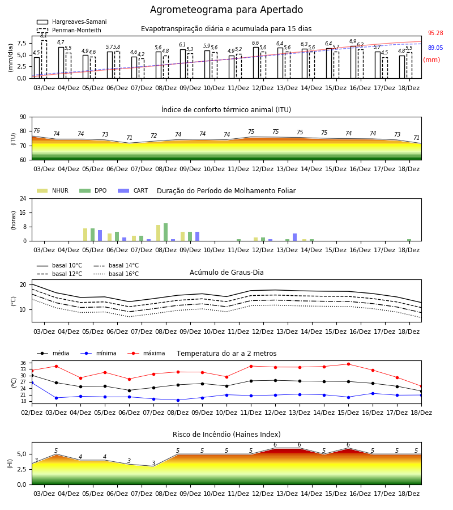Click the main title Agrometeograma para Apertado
(226, 10)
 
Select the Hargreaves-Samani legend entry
(72, 22)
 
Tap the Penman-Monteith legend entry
(69, 30)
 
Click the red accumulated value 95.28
(435, 33)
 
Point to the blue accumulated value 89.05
(435, 48)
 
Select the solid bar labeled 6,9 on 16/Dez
(353, 62)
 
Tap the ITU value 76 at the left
(36, 130)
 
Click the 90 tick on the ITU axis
(23, 117)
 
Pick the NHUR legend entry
(53, 190)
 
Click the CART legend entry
(133, 190)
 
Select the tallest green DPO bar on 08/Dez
(166, 232)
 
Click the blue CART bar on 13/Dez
(295, 237)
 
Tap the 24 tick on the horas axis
(23, 199)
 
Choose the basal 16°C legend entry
(116, 274)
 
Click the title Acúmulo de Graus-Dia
(226, 273)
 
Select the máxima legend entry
(146, 353)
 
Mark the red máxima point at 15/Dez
(348, 364)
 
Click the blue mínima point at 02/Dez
(32, 383)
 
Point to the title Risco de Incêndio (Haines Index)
(226, 435)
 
